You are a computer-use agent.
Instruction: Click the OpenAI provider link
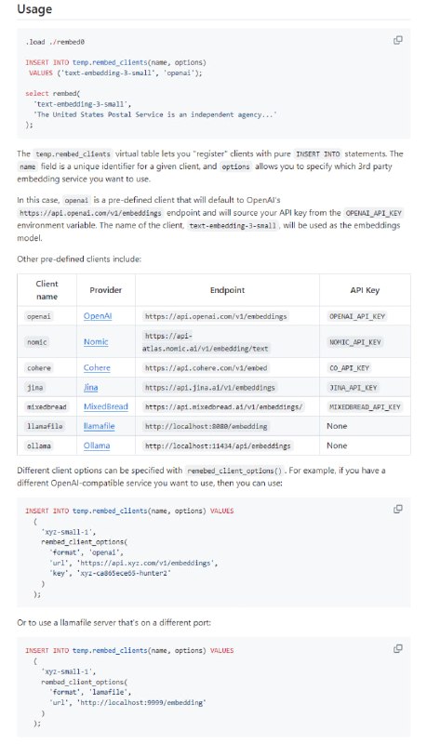(98, 316)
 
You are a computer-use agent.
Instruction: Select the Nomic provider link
(97, 342)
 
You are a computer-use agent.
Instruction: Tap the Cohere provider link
(97, 367)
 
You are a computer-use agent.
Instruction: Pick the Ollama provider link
(97, 445)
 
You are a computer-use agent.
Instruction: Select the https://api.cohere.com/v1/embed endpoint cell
(203, 367)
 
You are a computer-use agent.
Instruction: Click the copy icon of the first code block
(398, 40)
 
